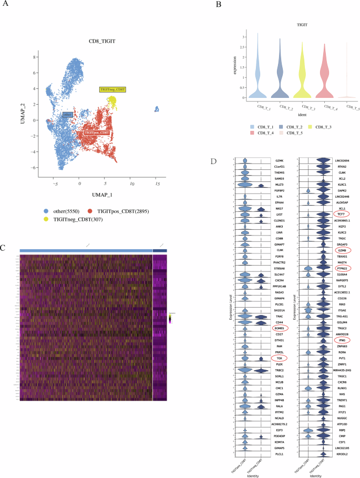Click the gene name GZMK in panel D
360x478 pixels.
[279, 160]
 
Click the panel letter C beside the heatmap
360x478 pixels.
[4, 247]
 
